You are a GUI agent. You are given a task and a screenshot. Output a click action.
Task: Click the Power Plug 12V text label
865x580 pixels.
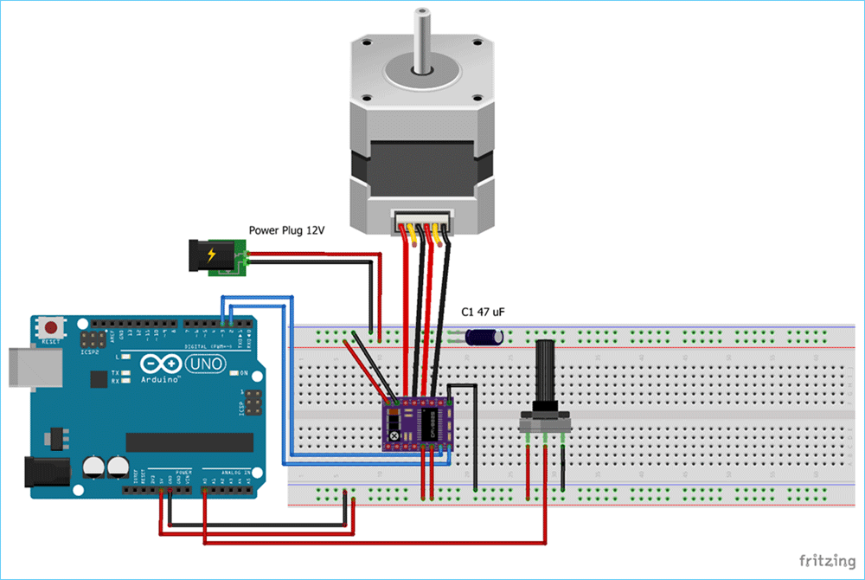pos(287,230)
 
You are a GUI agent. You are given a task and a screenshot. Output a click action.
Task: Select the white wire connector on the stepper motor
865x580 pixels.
pos(423,222)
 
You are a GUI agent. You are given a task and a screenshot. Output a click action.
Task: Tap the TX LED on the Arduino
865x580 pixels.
pos(126,373)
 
